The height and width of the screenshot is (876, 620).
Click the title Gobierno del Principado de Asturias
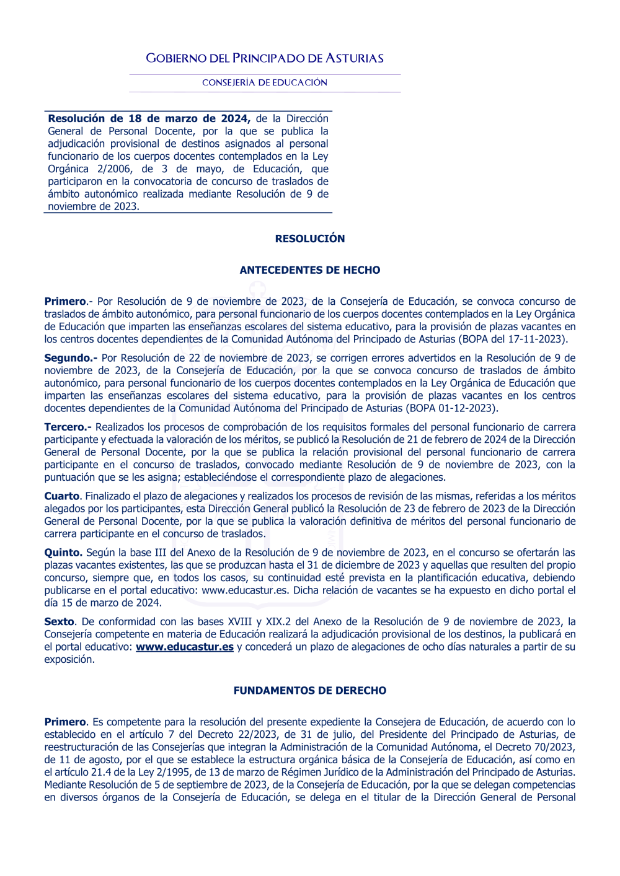pyautogui.click(x=265, y=58)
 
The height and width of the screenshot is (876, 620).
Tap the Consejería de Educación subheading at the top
pyautogui.click(x=265, y=82)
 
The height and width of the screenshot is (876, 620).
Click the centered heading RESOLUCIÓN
pyautogui.click(x=310, y=239)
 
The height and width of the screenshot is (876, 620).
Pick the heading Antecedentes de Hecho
pyautogui.click(x=310, y=270)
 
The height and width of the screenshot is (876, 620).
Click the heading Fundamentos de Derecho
pyautogui.click(x=310, y=690)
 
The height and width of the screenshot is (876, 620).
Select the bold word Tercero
pyautogui.click(x=68, y=427)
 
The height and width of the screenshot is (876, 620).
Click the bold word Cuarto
pyautogui.click(x=62, y=496)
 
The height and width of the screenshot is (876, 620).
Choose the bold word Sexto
pyautogui.click(x=60, y=621)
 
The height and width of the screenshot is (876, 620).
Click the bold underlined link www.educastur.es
pyautogui.click(x=185, y=647)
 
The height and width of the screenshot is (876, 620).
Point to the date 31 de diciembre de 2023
pyautogui.click(x=365, y=565)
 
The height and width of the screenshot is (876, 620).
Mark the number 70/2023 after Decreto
pyautogui.click(x=553, y=747)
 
